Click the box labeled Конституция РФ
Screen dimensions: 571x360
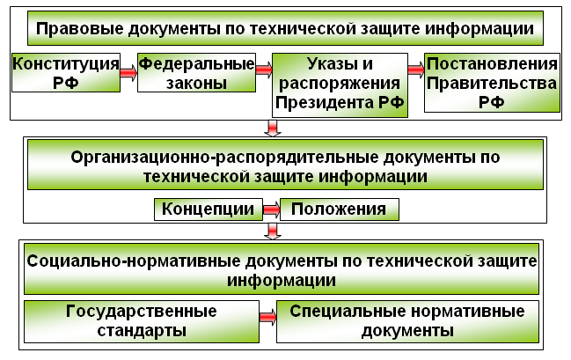[66, 72]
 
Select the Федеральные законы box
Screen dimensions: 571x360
[197, 72]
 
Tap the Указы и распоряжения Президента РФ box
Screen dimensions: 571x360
[340, 85]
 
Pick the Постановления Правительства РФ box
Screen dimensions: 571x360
[492, 83]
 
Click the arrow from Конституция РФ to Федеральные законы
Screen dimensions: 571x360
[128, 73]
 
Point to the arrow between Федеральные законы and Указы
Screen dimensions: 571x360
[264, 70]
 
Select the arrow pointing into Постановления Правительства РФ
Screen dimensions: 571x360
[416, 70]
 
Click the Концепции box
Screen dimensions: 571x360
[209, 209]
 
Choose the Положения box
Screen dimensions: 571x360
[340, 209]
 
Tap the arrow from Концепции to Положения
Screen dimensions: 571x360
[271, 209]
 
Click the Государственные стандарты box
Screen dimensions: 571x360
[142, 321]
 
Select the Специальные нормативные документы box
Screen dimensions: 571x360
[407, 321]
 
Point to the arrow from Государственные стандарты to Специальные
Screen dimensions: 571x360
[268, 318]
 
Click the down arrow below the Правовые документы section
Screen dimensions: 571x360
[273, 129]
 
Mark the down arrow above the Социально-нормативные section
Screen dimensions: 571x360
[273, 231]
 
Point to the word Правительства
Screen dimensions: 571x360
[492, 84]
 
